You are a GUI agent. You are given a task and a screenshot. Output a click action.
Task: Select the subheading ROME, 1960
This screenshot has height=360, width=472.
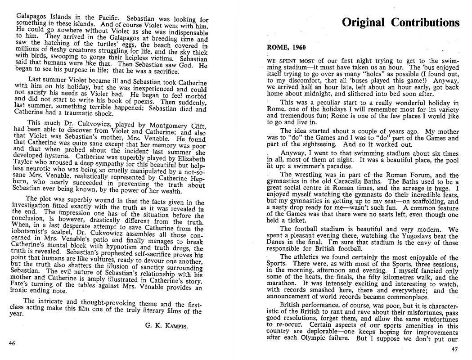(x=286, y=47)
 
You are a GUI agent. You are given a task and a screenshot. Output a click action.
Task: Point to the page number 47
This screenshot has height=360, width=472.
(x=456, y=350)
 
